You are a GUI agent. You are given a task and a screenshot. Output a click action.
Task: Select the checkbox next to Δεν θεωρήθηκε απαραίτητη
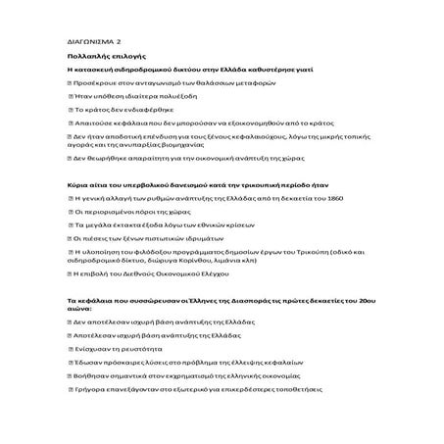tap(72, 157)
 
